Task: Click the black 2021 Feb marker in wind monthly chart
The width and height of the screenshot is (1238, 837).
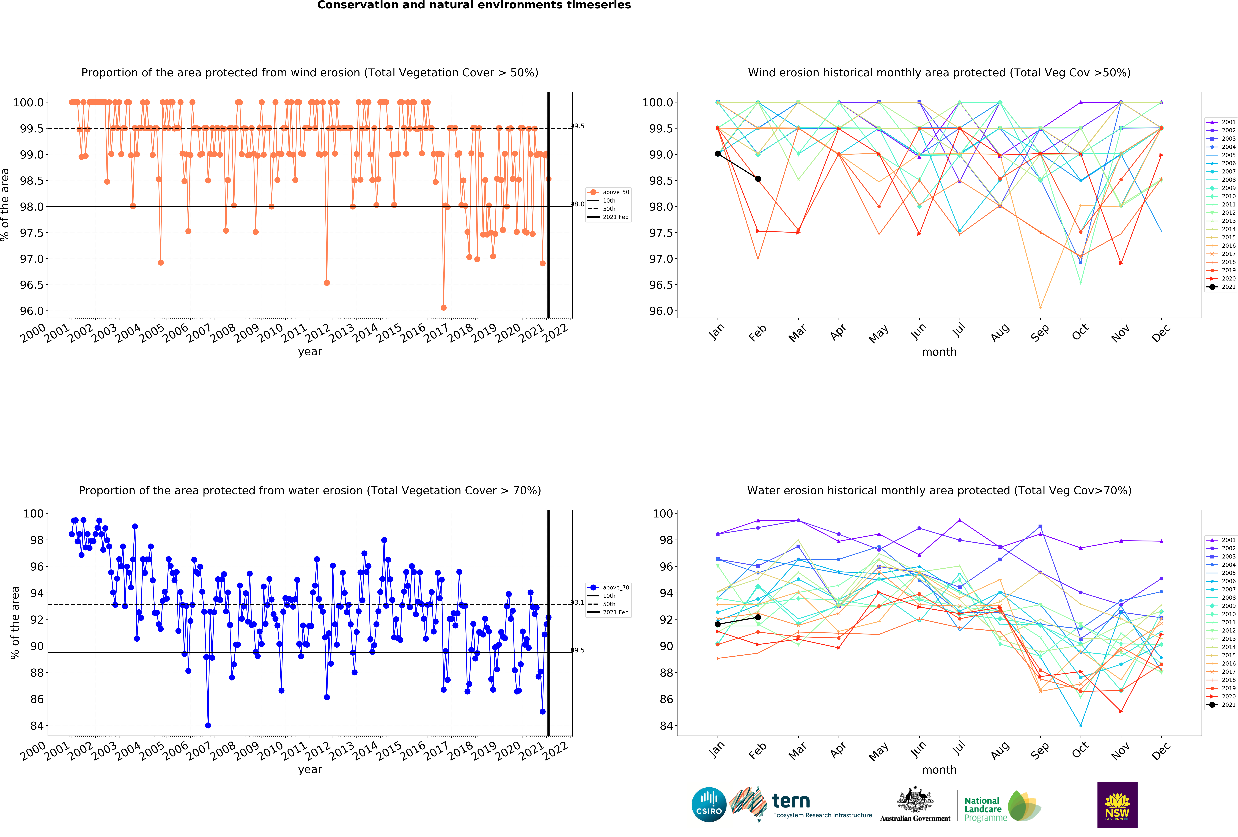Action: tap(757, 179)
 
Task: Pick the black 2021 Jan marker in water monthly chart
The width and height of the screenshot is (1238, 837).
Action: tap(718, 624)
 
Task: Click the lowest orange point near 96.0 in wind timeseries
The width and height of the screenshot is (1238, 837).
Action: tap(443, 307)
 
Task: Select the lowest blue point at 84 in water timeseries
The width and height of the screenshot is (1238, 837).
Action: tap(208, 725)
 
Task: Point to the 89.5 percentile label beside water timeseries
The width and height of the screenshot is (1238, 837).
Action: tap(577, 650)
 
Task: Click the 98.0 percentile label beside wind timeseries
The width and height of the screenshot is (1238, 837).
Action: tap(577, 204)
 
